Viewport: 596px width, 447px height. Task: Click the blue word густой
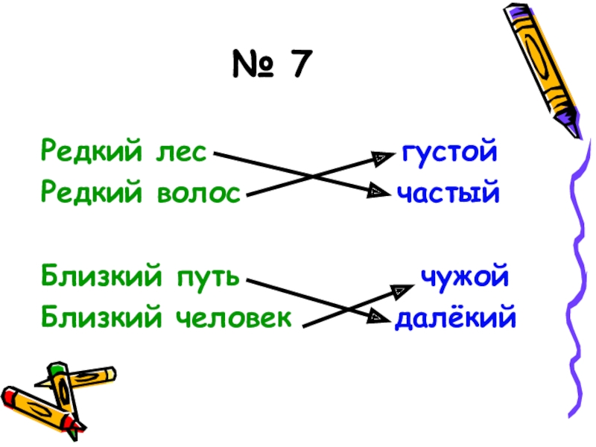[448, 153]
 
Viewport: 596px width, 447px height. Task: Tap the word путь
[208, 277]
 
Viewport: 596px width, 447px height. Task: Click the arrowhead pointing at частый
[379, 193]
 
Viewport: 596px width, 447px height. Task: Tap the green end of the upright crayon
[57, 368]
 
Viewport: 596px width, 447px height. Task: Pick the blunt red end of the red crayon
[9, 395]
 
